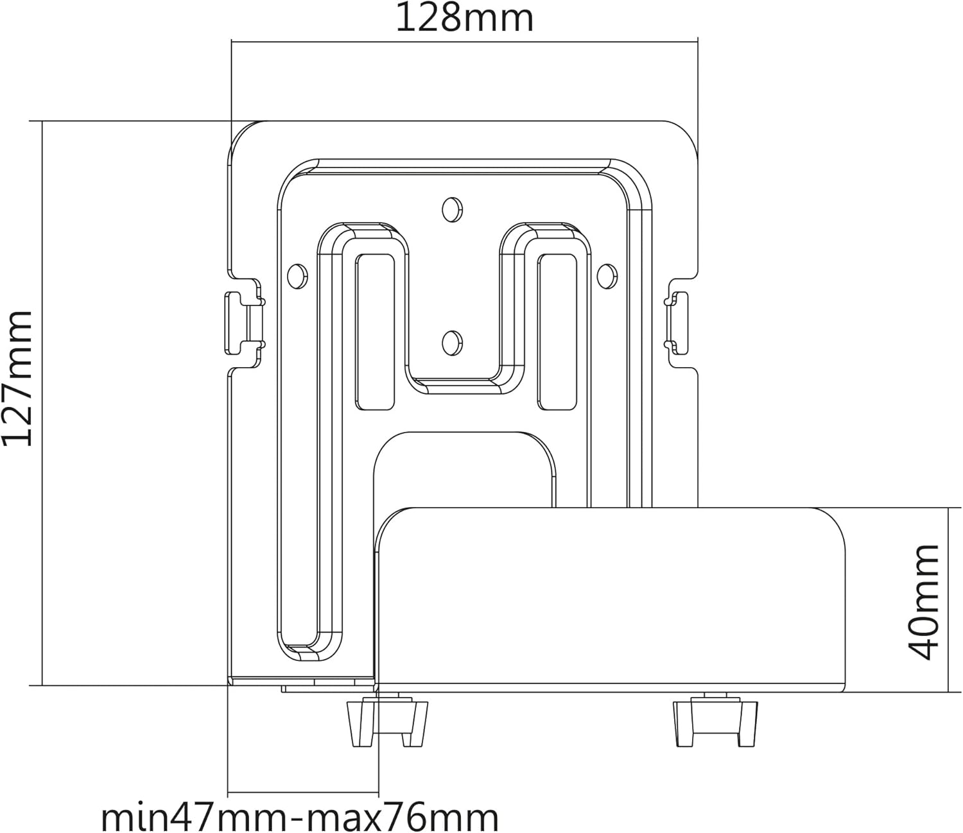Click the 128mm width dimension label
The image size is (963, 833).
[x=464, y=19]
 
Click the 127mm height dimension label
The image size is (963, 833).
[x=18, y=379]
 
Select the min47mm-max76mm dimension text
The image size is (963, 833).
[x=300, y=816]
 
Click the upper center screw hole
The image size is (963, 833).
[x=452, y=209]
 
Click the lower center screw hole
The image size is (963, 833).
[x=452, y=343]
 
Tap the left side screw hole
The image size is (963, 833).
[x=297, y=277]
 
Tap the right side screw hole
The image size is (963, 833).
[x=607, y=276]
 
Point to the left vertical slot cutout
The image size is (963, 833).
[x=375, y=332]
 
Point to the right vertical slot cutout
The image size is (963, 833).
[x=557, y=332]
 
